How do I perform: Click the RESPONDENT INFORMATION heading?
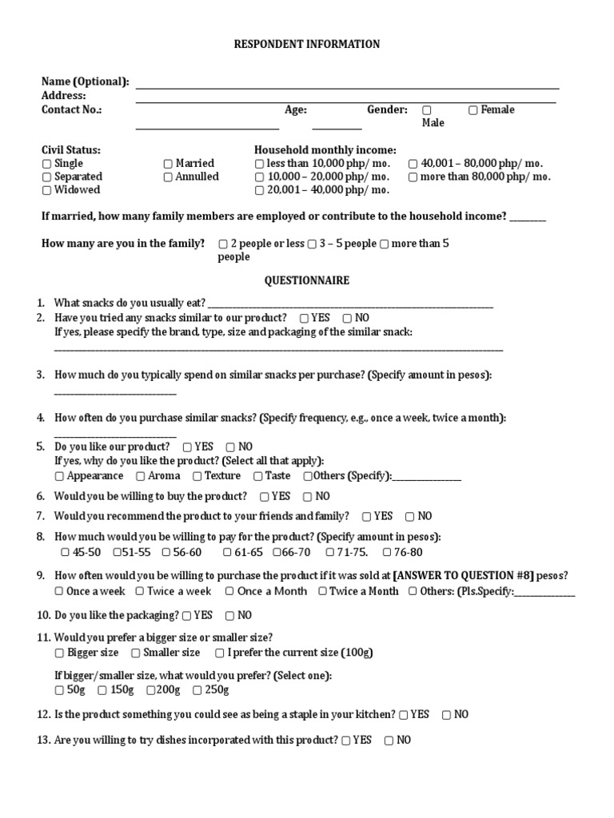click(x=306, y=44)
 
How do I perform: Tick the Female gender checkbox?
click(x=473, y=110)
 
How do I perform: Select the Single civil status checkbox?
click(x=46, y=164)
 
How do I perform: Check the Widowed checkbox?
click(x=46, y=190)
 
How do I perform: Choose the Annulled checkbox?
click(x=168, y=177)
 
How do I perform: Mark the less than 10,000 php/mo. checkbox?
click(x=259, y=164)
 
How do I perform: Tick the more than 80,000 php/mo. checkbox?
click(x=413, y=177)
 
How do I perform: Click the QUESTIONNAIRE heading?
click(x=306, y=281)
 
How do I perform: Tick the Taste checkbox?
click(x=258, y=476)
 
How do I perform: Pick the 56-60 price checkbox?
click(x=166, y=553)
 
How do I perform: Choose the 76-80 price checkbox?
click(x=387, y=553)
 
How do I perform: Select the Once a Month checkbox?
click(x=229, y=592)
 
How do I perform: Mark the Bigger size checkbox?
click(x=59, y=653)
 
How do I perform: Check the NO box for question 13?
click(x=389, y=741)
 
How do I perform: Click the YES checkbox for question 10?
click(x=186, y=616)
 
